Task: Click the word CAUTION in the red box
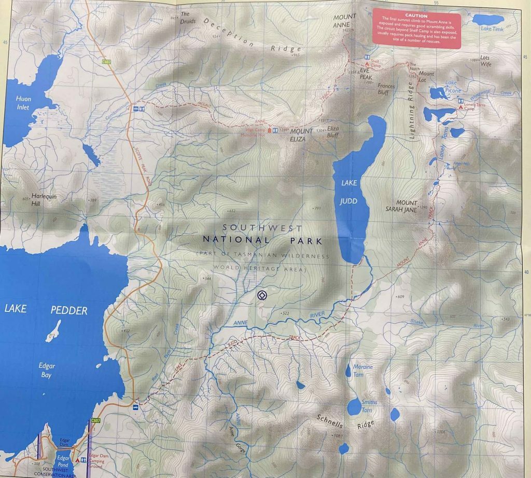pyautogui.click(x=416, y=16)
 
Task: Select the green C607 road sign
pyautogui.click(x=95, y=420)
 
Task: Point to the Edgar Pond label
pyautogui.click(x=62, y=461)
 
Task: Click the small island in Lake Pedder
pyautogui.click(x=53, y=331)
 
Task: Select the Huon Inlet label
pyautogui.click(x=23, y=103)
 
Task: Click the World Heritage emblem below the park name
pyautogui.click(x=261, y=295)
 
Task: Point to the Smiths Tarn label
pyautogui.click(x=369, y=405)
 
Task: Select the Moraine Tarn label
pyautogui.click(x=362, y=370)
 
